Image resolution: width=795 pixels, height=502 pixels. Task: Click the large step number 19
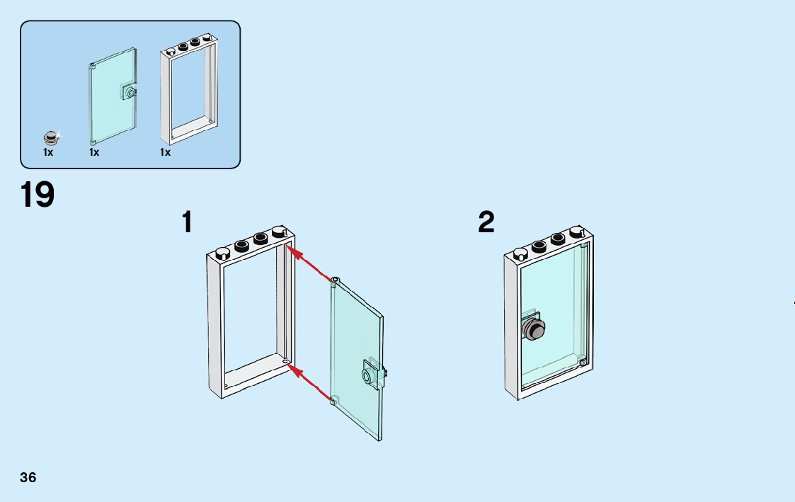click(38, 195)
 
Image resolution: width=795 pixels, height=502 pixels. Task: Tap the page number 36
click(28, 477)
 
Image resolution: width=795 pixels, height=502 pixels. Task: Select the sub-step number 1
click(187, 222)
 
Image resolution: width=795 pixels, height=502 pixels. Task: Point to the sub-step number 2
click(486, 222)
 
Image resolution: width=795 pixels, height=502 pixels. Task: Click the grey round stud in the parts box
click(51, 137)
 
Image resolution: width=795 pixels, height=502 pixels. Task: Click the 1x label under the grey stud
click(48, 152)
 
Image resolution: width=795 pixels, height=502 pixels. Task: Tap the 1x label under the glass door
click(94, 152)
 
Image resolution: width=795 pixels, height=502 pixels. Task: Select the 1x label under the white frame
click(165, 152)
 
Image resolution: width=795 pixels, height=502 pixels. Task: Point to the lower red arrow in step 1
click(310, 383)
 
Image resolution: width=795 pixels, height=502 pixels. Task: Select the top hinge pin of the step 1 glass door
click(335, 280)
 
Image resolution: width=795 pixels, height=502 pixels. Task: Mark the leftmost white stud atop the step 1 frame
click(222, 253)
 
